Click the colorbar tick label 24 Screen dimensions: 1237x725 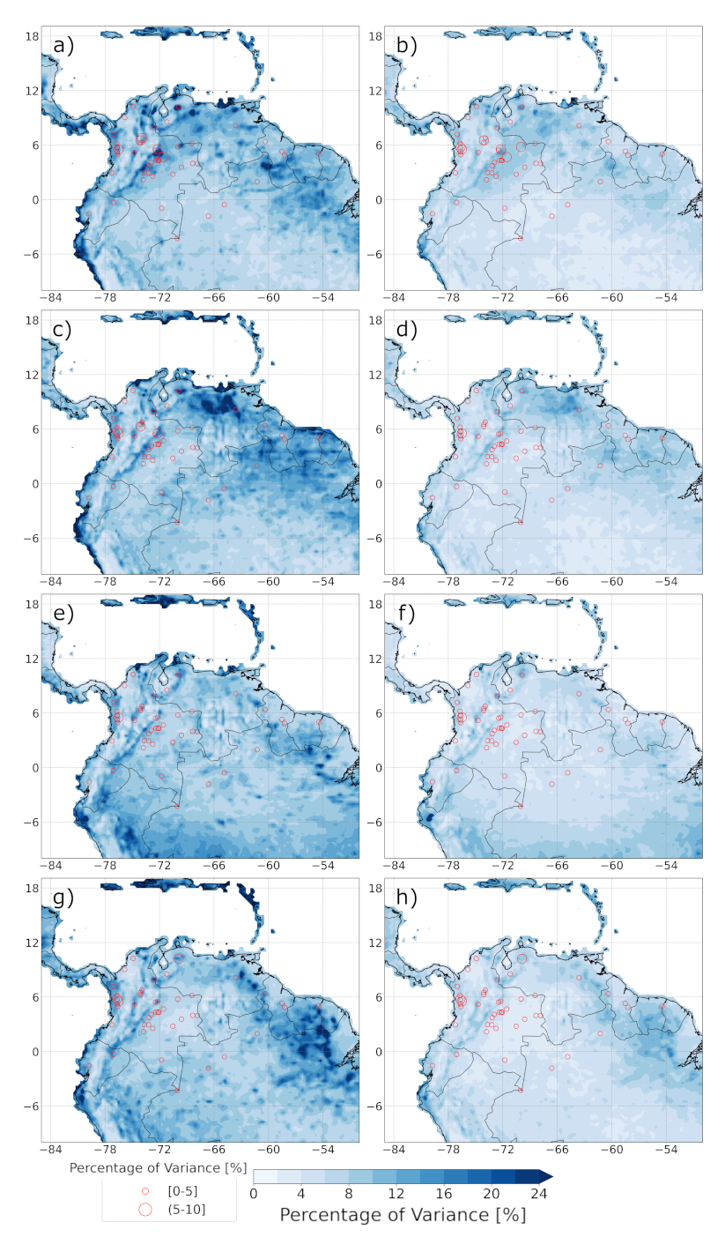pyautogui.click(x=539, y=1194)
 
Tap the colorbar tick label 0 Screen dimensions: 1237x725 pyautogui.click(x=254, y=1194)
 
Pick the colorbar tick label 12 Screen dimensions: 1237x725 pyautogui.click(x=396, y=1194)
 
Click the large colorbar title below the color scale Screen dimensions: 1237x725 pyautogui.click(x=403, y=1215)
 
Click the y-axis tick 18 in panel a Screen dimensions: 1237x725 pyautogui.click(x=29, y=36)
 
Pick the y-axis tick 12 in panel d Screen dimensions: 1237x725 pyautogui.click(x=373, y=375)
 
